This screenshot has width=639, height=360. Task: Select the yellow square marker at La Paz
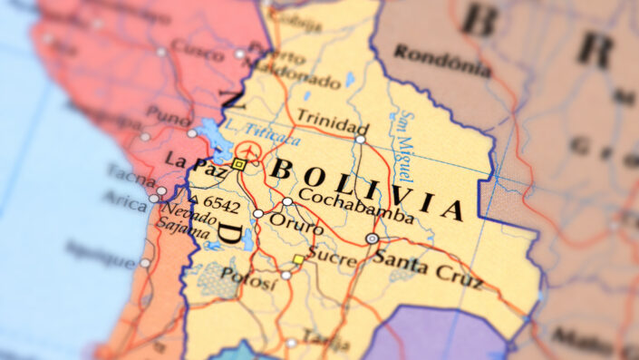pos(238,164)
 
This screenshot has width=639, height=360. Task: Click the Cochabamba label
pos(354,204)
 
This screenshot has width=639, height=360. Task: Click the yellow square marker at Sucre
pos(298,260)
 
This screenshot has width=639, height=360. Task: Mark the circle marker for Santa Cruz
pos(372,238)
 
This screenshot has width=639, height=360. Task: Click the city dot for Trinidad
pos(360,140)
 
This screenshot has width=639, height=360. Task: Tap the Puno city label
pos(169,116)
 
